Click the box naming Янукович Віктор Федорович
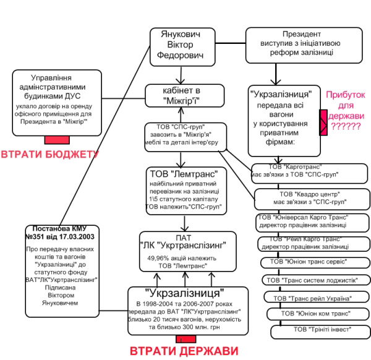[x=182, y=46]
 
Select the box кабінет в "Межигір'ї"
[x=184, y=95]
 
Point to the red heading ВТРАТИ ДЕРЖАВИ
[x=184, y=351]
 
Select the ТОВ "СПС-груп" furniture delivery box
[x=186, y=136]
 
